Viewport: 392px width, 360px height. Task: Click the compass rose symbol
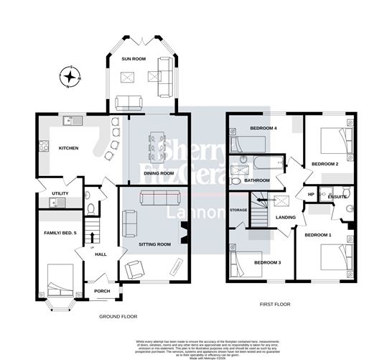pyautogui.click(x=69, y=75)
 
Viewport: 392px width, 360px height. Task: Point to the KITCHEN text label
pyautogui.click(x=68, y=149)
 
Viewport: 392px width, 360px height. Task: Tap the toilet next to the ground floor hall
pyautogui.click(x=89, y=208)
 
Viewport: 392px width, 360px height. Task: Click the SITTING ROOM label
pyautogui.click(x=154, y=244)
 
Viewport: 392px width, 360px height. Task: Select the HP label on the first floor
pyautogui.click(x=311, y=194)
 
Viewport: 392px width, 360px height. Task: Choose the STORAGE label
pyautogui.click(x=238, y=210)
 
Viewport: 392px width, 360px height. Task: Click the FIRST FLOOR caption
pyautogui.click(x=276, y=305)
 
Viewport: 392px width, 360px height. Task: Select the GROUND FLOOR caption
pyautogui.click(x=118, y=316)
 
